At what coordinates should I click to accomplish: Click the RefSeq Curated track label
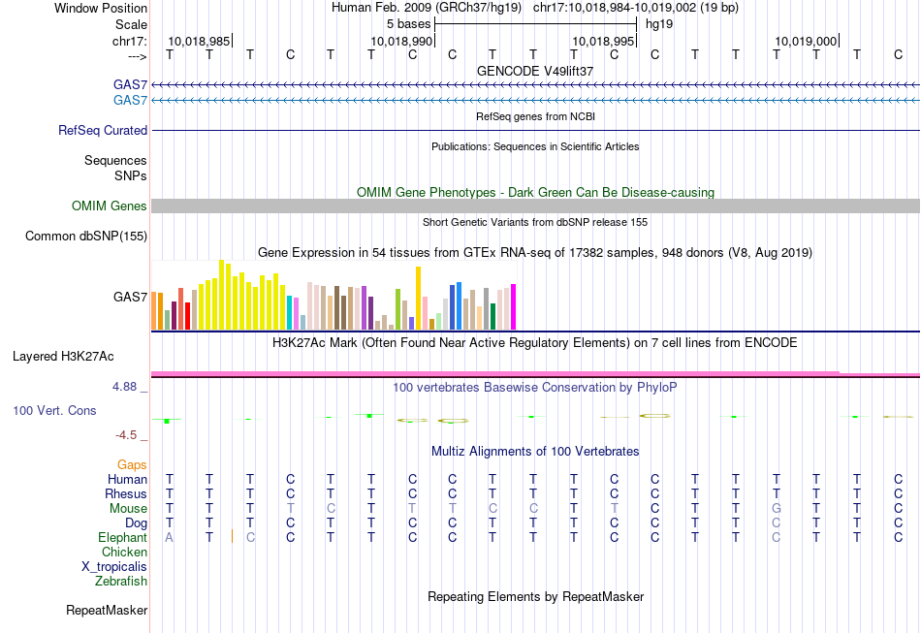[103, 130]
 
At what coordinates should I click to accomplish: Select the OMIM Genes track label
[109, 206]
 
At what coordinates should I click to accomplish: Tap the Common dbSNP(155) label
[86, 236]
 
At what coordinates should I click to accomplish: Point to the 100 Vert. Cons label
[54, 411]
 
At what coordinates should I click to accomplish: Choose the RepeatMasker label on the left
[107, 611]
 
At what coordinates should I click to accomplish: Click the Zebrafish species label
[121, 582]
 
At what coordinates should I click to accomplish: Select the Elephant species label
[122, 537]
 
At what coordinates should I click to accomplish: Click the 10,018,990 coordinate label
[401, 42]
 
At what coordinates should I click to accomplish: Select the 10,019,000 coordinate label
[806, 42]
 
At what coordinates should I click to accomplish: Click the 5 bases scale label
[408, 22]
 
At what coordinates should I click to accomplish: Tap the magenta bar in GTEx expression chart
[513, 306]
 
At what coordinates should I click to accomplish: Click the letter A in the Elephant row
[170, 537]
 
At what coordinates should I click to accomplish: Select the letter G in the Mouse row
[776, 508]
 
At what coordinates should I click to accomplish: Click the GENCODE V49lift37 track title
[535, 72]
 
